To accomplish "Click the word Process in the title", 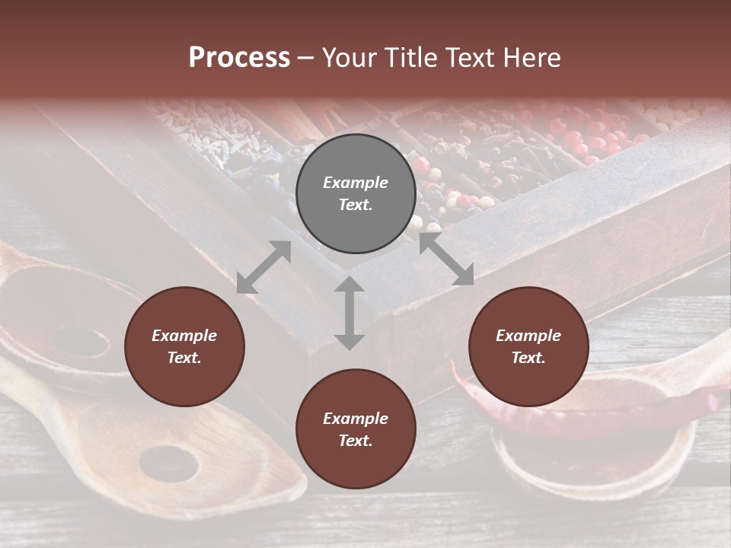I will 239,58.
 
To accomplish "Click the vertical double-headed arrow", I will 350,313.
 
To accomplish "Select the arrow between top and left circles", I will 263,267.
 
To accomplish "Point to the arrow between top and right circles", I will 446,260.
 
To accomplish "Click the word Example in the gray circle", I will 356,183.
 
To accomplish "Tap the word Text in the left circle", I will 184,358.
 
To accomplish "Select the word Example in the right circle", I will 528,336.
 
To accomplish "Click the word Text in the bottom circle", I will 356,441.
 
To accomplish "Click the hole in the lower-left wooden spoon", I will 168,462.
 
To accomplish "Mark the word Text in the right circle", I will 528,358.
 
